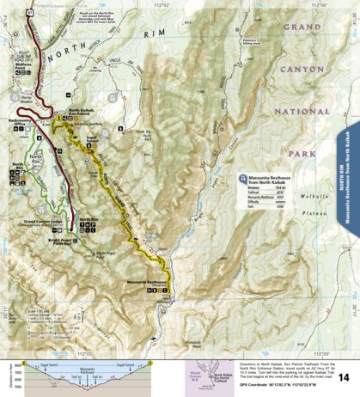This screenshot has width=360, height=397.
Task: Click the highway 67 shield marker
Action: tap(29, 15)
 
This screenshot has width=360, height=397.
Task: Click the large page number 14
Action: tap(344, 376)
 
